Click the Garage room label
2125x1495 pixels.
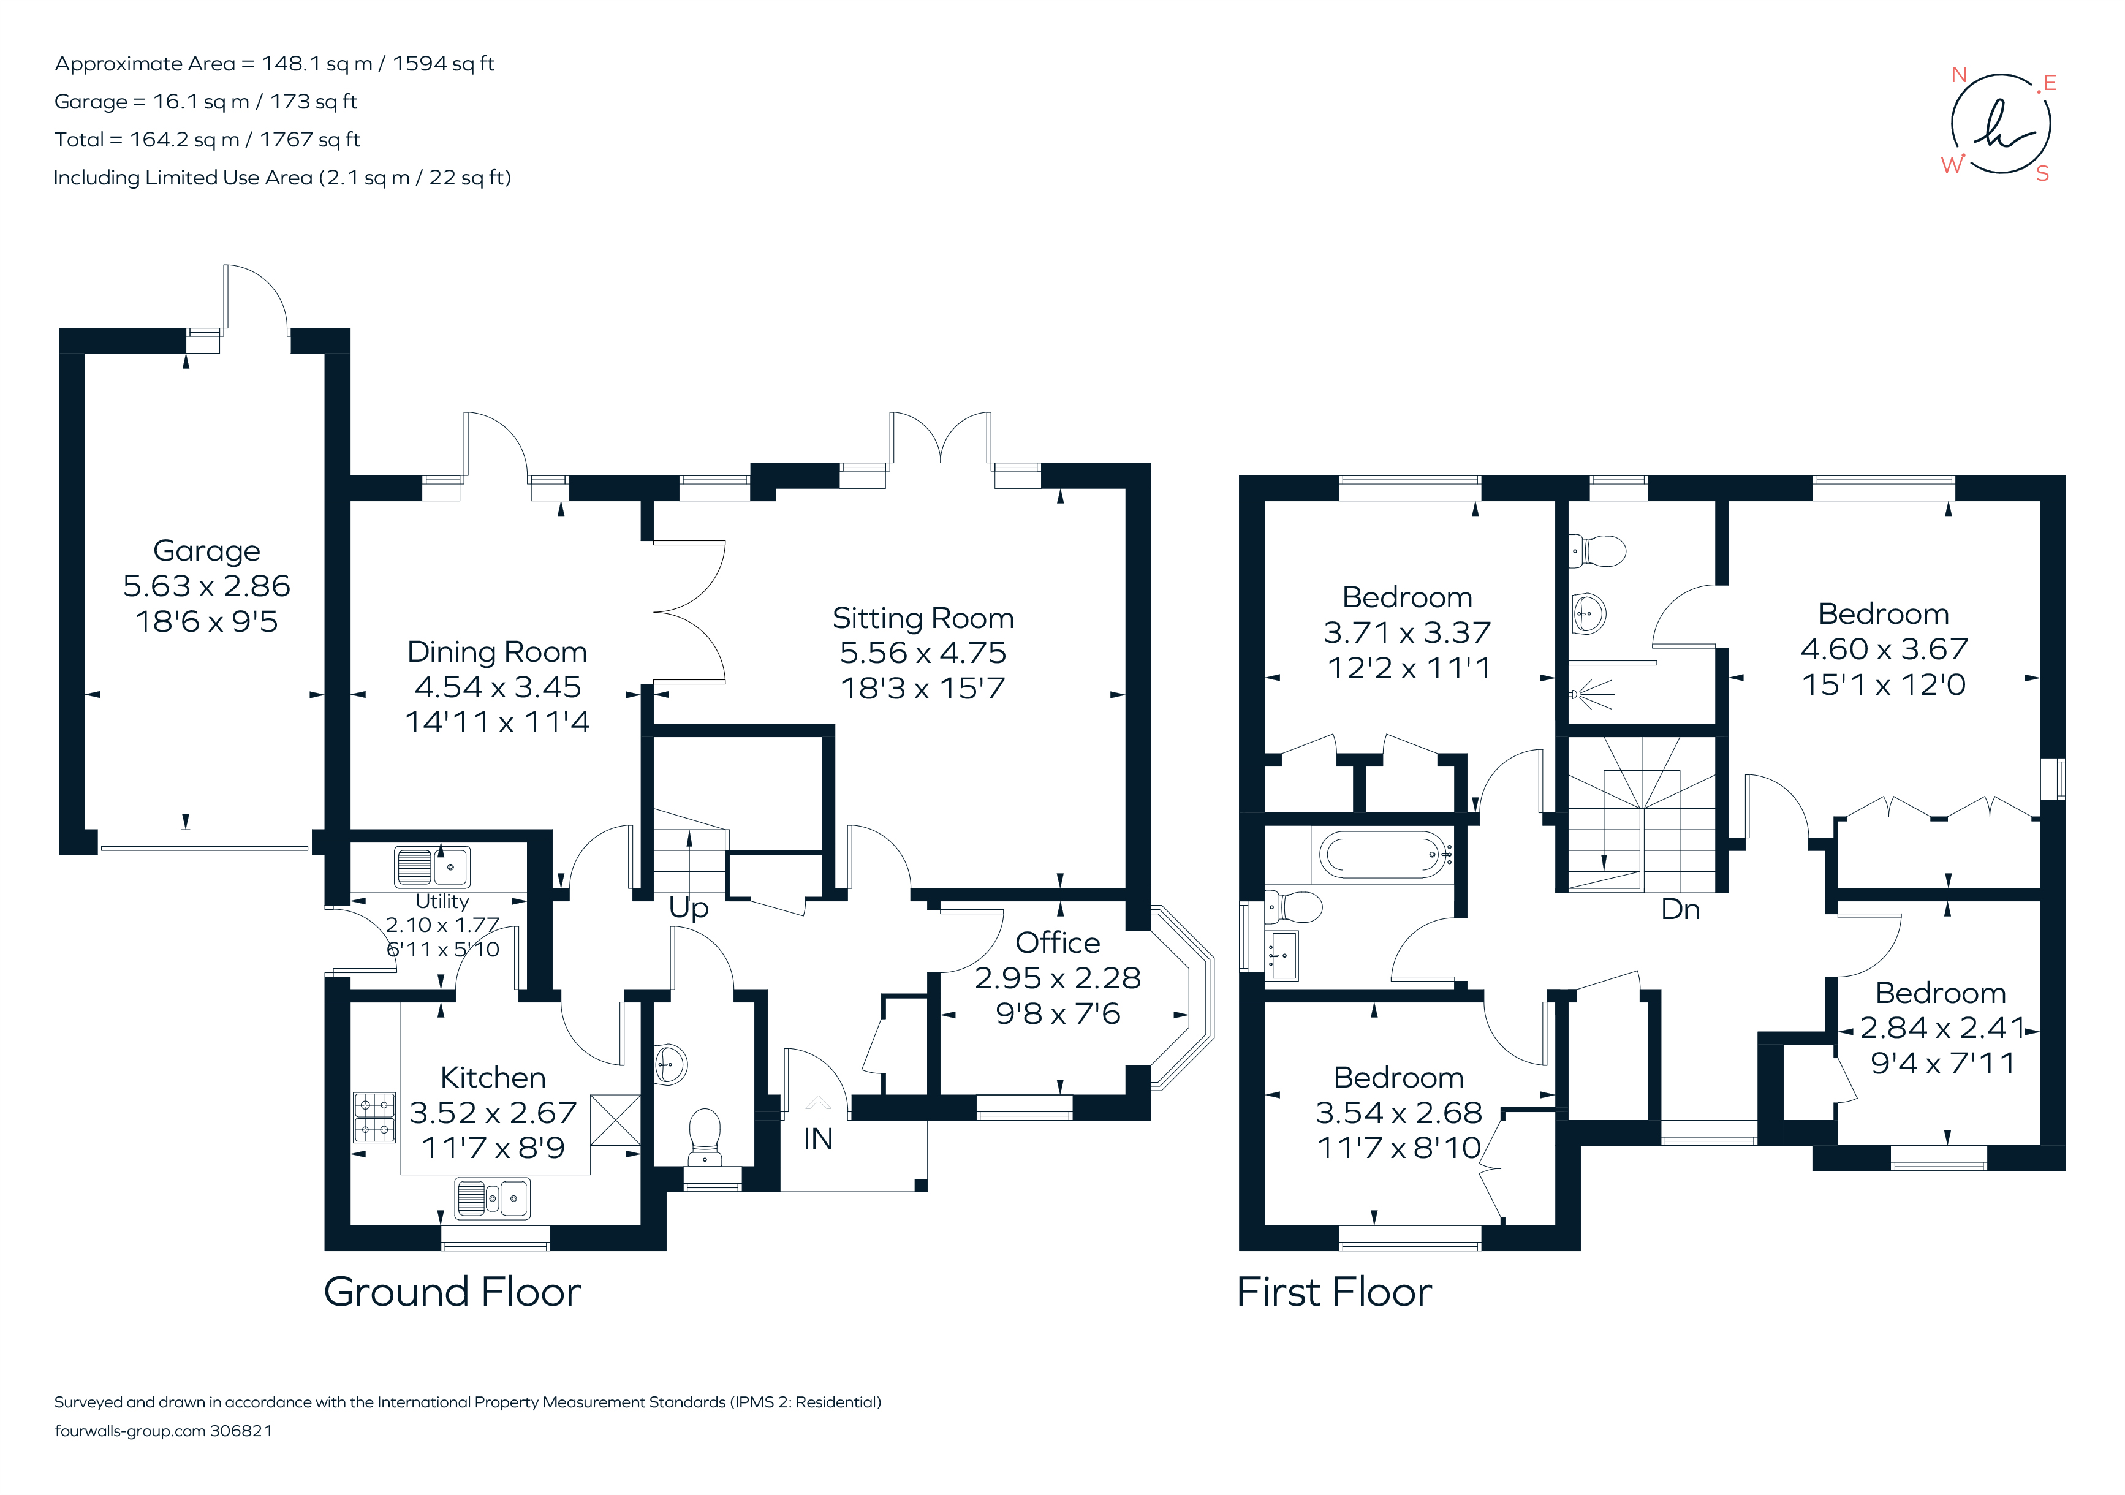[206, 551]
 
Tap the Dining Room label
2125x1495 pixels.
[497, 652]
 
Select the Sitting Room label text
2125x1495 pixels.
[923, 618]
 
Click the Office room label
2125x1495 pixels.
[1057, 942]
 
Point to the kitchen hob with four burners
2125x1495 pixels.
[374, 1118]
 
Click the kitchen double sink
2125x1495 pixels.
[493, 1199]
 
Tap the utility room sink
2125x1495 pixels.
[432, 866]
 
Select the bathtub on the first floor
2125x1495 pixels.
[1383, 853]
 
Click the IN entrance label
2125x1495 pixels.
[817, 1138]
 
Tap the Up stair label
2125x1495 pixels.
[689, 908]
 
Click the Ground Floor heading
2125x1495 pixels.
[452, 1292]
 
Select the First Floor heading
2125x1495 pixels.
[1334, 1292]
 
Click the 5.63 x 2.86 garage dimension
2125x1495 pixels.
[206, 586]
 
